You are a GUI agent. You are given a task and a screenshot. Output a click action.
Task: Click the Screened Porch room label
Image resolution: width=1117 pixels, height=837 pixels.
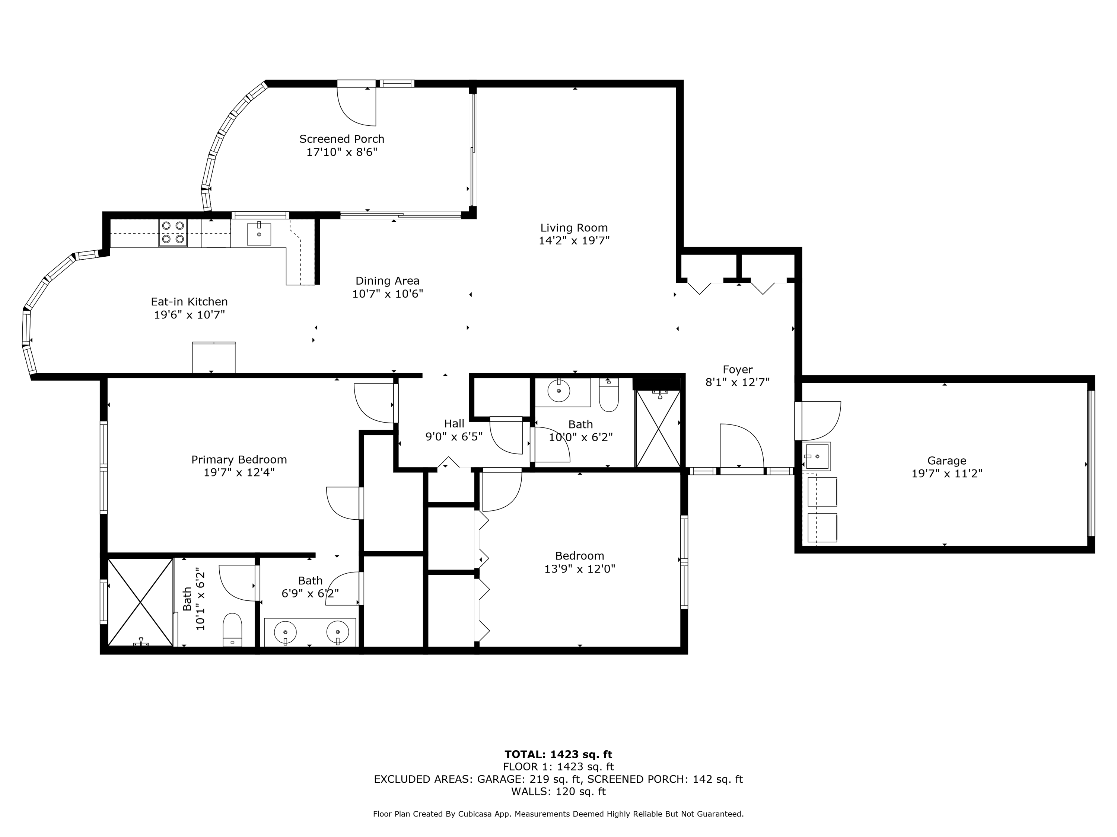click(x=341, y=139)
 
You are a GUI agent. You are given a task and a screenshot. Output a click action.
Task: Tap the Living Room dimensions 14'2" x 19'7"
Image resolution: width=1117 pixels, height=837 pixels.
click(x=574, y=241)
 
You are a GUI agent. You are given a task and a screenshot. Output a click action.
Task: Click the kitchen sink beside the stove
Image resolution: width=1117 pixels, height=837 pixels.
click(x=258, y=234)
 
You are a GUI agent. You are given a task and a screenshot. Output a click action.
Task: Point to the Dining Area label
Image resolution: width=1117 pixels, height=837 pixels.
click(x=387, y=280)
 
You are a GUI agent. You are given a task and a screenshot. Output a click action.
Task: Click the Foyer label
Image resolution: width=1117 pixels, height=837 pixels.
click(x=737, y=369)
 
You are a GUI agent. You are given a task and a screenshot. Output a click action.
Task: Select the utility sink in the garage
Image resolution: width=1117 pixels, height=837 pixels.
click(x=816, y=456)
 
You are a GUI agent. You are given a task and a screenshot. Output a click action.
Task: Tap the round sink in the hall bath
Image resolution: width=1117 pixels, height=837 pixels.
click(x=559, y=389)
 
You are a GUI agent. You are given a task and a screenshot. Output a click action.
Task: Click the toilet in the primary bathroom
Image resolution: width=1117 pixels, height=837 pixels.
click(x=232, y=630)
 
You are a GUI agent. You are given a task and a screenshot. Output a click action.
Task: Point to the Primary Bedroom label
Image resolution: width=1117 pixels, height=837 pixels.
click(x=239, y=460)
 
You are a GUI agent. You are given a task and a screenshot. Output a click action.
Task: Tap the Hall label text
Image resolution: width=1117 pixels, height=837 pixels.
click(x=454, y=424)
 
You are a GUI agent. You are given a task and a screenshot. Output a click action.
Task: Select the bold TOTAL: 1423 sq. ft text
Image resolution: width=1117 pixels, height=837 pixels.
click(x=558, y=754)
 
